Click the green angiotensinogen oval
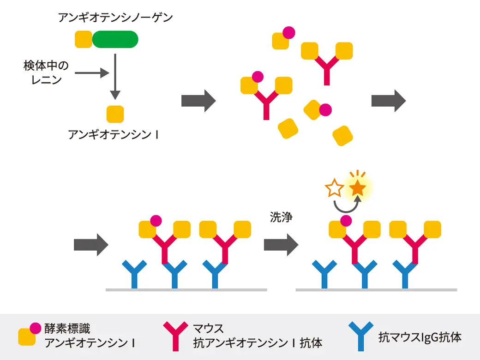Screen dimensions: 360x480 tap(115, 39)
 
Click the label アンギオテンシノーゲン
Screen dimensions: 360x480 tap(115, 18)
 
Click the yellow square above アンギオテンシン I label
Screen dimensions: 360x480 tap(115, 114)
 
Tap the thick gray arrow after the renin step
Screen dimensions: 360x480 tap(198, 100)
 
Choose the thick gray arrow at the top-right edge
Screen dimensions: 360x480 tap(389, 100)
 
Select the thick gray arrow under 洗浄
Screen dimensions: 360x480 tap(281, 245)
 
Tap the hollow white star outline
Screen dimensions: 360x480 tap(334, 188)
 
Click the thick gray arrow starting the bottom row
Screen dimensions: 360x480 tap(91, 245)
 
